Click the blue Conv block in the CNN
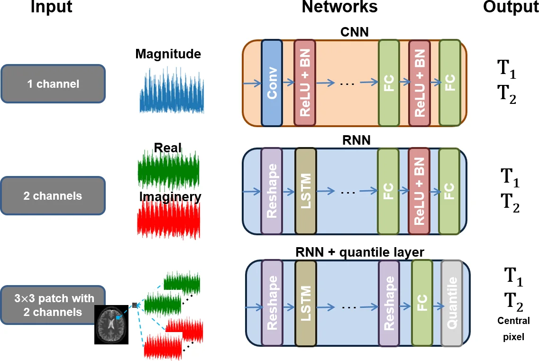click(x=272, y=83)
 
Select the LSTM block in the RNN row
click(x=305, y=191)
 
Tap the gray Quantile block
click(x=451, y=303)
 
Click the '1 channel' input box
click(x=53, y=84)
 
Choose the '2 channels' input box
click(x=53, y=195)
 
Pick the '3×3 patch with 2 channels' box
click(x=53, y=305)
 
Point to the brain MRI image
click(x=111, y=324)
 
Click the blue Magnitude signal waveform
click(x=171, y=91)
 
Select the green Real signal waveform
click(x=169, y=170)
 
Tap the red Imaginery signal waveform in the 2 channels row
click(x=169, y=219)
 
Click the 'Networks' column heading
click(x=339, y=7)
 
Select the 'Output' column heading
click(x=511, y=7)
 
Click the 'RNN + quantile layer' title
click(x=359, y=252)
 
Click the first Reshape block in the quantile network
click(x=272, y=303)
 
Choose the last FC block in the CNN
click(x=450, y=83)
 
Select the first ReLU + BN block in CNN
click(x=304, y=83)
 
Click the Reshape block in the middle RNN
click(x=272, y=191)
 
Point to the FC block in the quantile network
click(x=421, y=303)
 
